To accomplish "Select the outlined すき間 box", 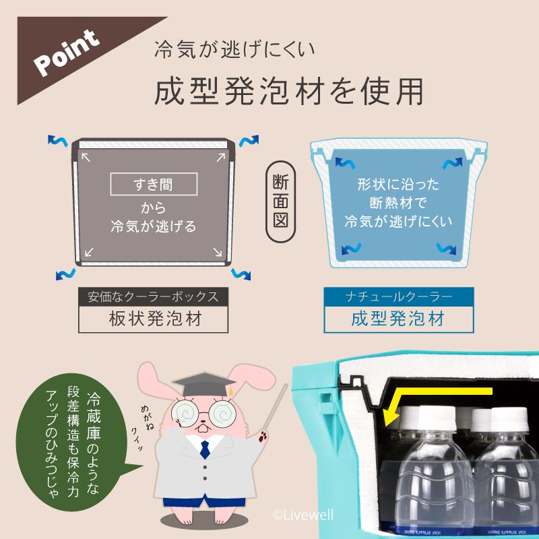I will tap(154, 183).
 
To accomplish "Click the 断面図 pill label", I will tap(280, 201).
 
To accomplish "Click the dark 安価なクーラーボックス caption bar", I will tap(154, 296).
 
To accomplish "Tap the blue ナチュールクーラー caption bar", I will tap(398, 296).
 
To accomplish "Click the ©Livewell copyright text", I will tap(303, 513).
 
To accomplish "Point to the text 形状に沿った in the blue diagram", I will tap(398, 184).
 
